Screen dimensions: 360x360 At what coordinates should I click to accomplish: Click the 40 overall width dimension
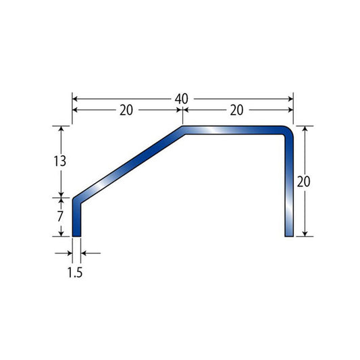point(182,99)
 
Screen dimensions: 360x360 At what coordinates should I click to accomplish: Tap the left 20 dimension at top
point(126,110)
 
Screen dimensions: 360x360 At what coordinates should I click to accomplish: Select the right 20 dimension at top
point(236,110)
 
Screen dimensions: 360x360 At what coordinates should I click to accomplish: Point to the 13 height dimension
point(60,161)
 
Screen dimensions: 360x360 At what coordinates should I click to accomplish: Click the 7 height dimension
point(60,216)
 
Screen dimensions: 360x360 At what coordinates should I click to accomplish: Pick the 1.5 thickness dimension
point(75,272)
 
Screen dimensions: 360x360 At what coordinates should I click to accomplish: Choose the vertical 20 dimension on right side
point(303,182)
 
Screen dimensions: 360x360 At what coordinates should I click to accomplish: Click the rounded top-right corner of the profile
point(288,132)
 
